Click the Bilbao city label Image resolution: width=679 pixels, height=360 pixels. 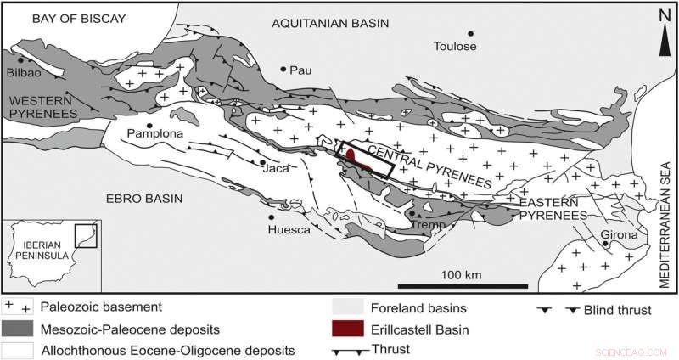(x=24, y=73)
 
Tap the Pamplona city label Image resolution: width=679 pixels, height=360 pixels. (x=154, y=134)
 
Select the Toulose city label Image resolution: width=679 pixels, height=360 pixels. (x=456, y=46)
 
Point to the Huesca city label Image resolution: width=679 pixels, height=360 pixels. (x=287, y=229)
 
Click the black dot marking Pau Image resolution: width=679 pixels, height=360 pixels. (x=283, y=69)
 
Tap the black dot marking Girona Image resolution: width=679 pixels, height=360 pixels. (x=605, y=245)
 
